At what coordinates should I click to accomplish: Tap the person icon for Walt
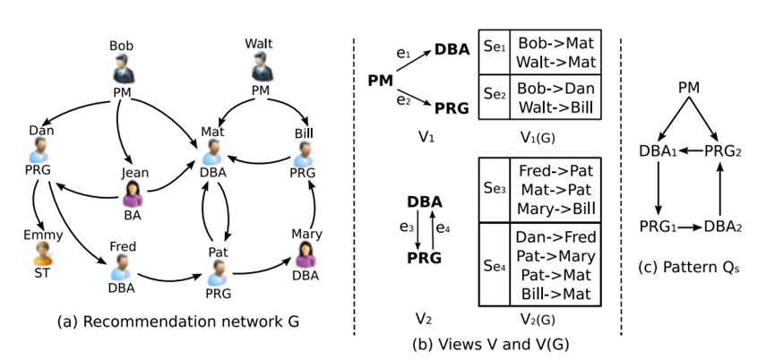pyautogui.click(x=260, y=66)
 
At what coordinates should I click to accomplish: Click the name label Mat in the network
pyautogui.click(x=212, y=131)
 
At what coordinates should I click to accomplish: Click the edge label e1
pyautogui.click(x=409, y=55)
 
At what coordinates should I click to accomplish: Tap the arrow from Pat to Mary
pyautogui.click(x=263, y=266)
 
